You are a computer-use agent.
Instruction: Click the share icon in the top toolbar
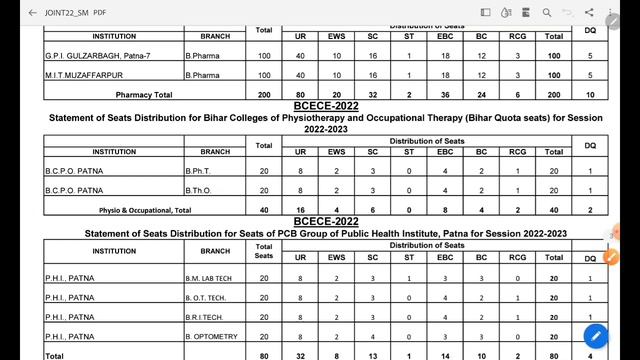(587, 13)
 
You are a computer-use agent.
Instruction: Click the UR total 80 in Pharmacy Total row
(300, 94)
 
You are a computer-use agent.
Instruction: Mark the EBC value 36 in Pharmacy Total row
(444, 94)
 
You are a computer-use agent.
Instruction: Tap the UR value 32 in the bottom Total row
(300, 354)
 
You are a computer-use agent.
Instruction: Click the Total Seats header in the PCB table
(264, 250)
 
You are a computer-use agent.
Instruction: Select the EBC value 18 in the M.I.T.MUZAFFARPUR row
(444, 75)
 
